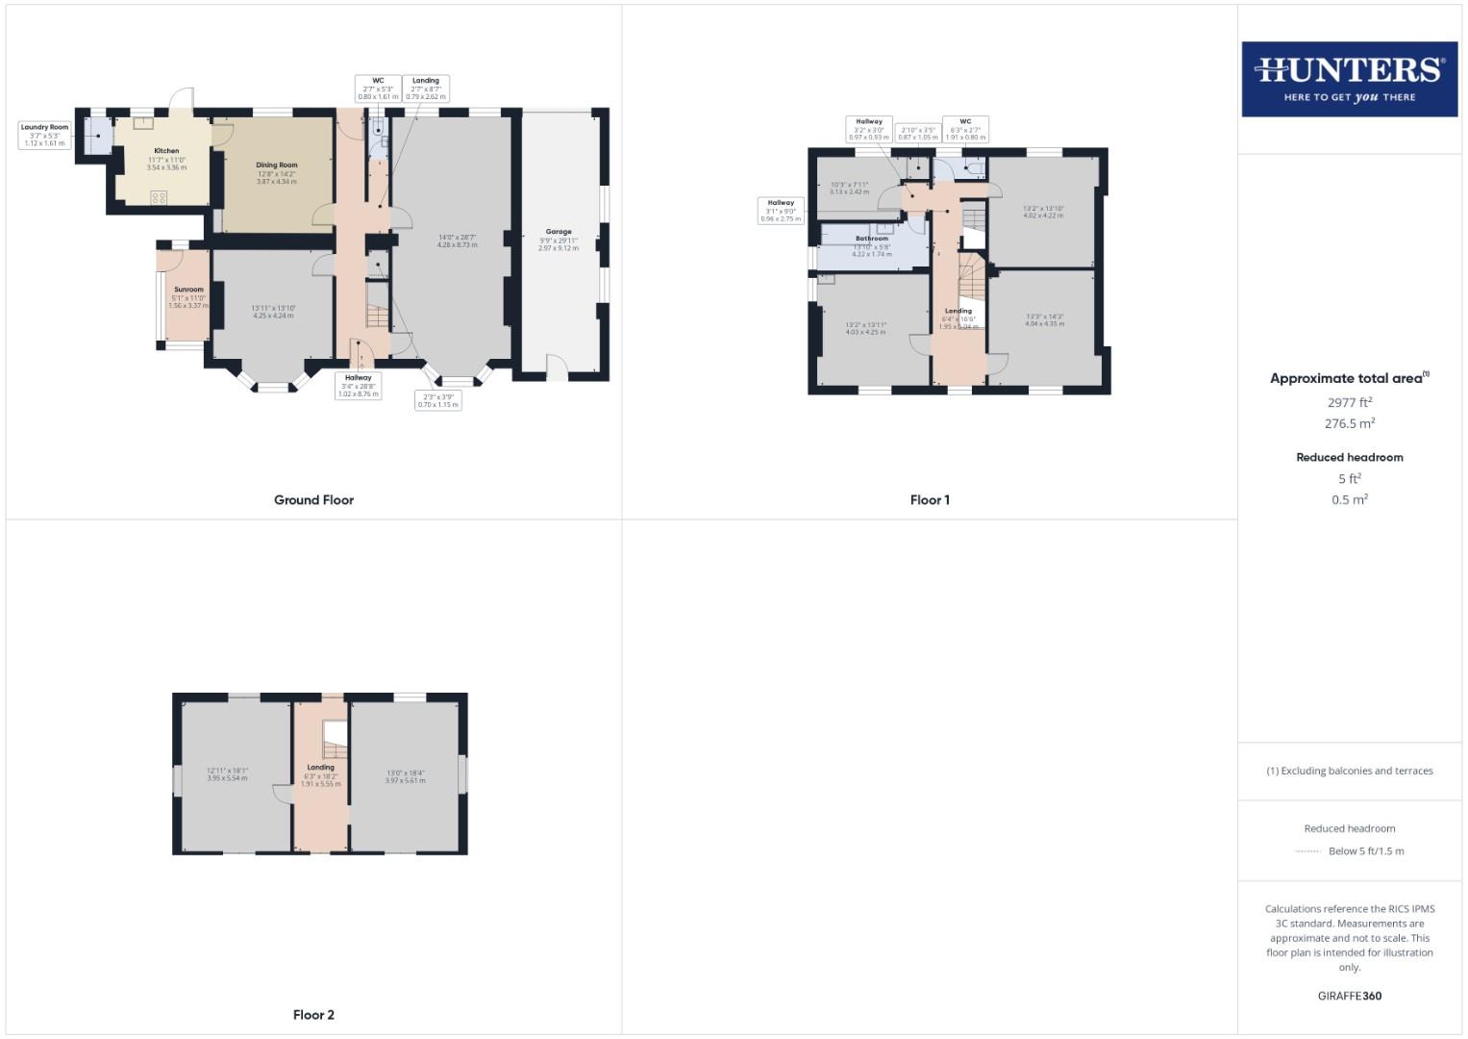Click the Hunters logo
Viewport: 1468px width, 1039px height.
[1349, 79]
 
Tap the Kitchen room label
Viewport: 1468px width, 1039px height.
[166, 151]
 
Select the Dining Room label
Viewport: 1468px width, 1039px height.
[276, 165]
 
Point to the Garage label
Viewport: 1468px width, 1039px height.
[559, 232]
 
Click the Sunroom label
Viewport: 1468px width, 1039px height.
[188, 290]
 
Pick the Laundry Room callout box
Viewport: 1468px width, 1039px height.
[45, 135]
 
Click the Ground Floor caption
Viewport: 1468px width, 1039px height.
[313, 500]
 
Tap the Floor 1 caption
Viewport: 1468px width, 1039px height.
[930, 500]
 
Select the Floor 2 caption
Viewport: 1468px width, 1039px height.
[313, 1015]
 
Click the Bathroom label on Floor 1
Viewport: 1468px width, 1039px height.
[872, 239]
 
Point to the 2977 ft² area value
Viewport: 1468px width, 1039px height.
[1349, 403]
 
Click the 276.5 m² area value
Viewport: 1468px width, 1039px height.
[1349, 423]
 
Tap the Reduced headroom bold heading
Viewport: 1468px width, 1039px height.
[1349, 457]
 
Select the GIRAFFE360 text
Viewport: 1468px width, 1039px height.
[1349, 996]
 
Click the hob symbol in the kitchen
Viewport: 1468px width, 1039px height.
[159, 197]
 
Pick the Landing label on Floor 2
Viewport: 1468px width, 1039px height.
[320, 768]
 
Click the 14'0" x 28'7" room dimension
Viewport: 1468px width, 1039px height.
[458, 237]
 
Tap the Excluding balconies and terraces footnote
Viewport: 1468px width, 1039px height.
[1349, 771]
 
